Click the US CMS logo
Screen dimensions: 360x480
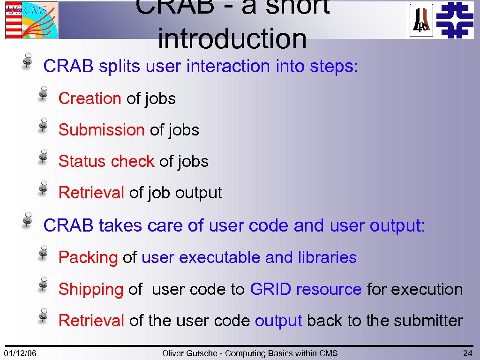pos(32,20)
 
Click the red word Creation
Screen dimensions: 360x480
pos(90,98)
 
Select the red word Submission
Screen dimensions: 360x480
pos(101,130)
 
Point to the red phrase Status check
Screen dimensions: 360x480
pos(106,161)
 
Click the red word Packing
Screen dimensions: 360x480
pos(88,257)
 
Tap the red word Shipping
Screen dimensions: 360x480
pos(91,289)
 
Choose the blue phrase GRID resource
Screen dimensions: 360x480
pos(306,289)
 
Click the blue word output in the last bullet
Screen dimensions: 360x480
pos(278,321)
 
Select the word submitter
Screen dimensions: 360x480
pos(428,321)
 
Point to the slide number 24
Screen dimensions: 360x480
pos(467,353)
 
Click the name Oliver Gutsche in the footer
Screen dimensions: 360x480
pos(192,353)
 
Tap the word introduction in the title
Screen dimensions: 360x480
pos(232,38)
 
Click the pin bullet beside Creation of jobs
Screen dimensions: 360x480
pos(43,93)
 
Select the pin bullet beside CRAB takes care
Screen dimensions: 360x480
pos(28,219)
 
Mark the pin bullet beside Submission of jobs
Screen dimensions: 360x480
pos(43,124)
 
